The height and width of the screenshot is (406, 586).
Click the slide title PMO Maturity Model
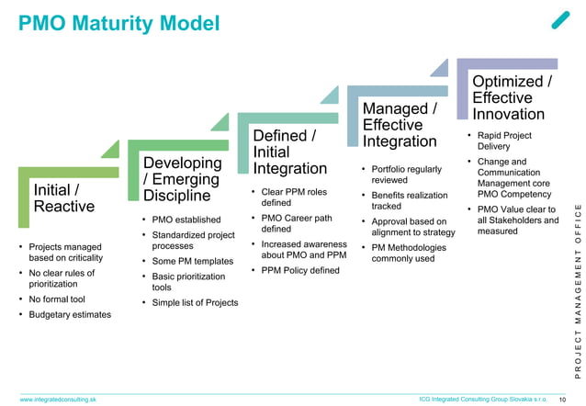click(119, 22)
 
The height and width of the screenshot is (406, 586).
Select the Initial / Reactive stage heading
click(63, 197)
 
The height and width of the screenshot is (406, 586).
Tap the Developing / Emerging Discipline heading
click(183, 179)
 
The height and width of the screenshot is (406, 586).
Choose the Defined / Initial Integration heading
click(289, 152)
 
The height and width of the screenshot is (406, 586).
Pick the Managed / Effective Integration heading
click(400, 125)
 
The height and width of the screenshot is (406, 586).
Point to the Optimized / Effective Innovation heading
click(512, 97)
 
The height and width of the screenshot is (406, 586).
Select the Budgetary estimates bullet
click(70, 315)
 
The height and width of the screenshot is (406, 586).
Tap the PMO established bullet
click(186, 220)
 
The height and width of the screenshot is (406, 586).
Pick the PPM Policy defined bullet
click(299, 271)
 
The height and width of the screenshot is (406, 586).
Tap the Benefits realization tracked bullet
click(410, 201)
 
